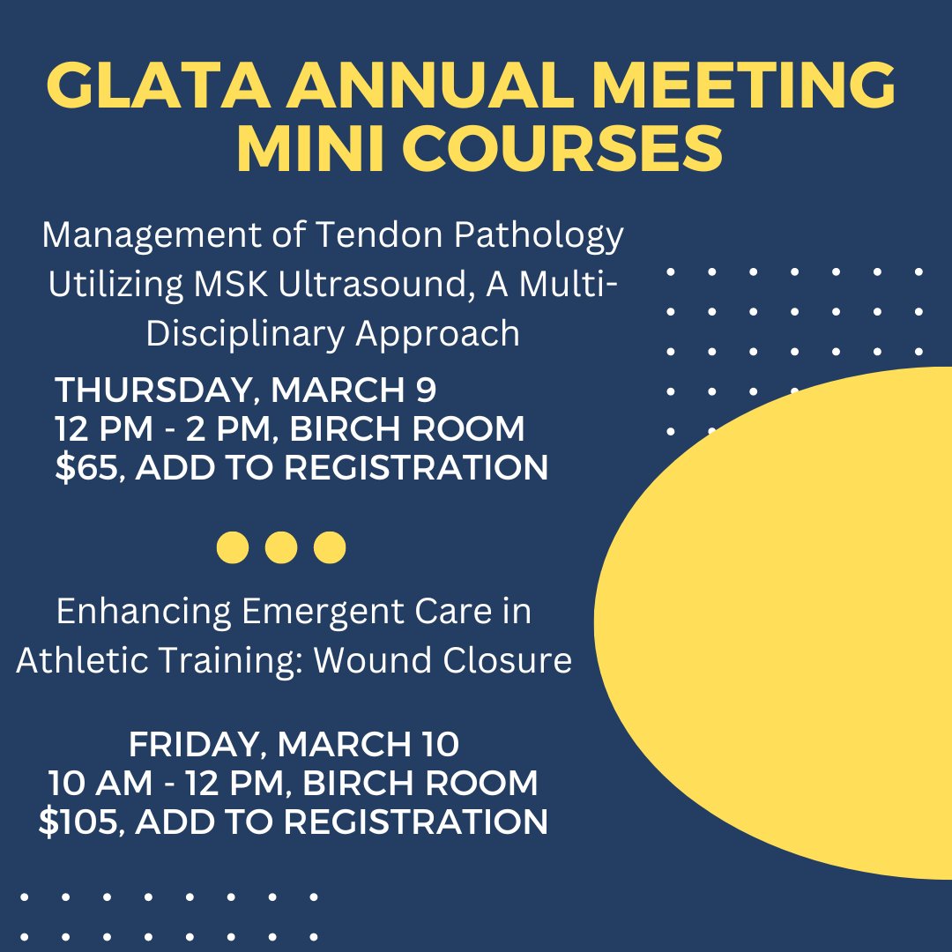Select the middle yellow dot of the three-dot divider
[281, 547]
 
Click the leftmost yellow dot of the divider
[233, 547]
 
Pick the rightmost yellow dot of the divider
[330, 547]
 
